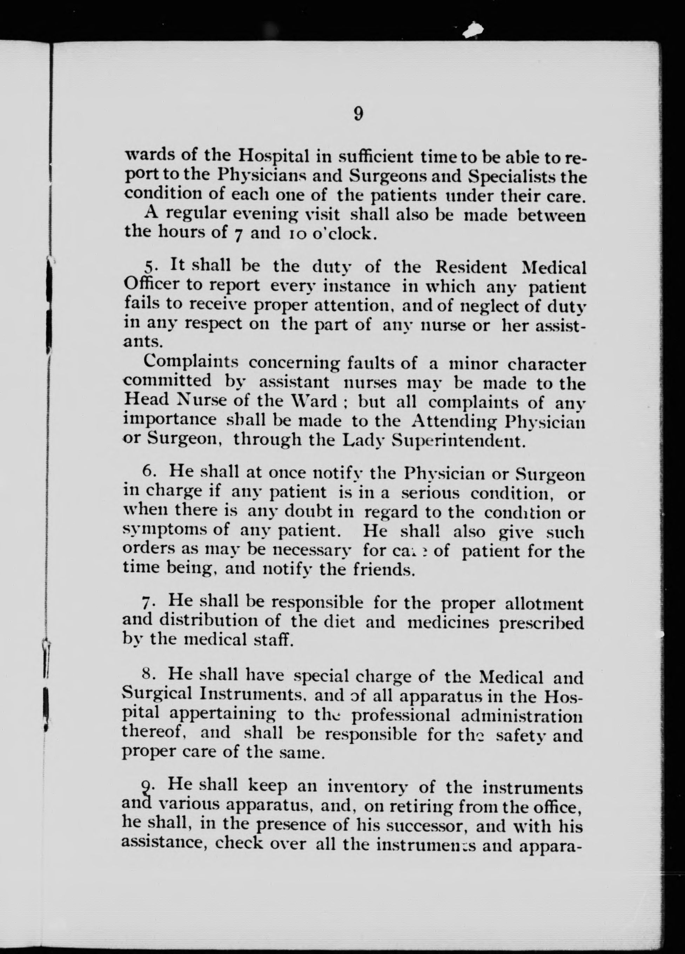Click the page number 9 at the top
pos(358,114)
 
